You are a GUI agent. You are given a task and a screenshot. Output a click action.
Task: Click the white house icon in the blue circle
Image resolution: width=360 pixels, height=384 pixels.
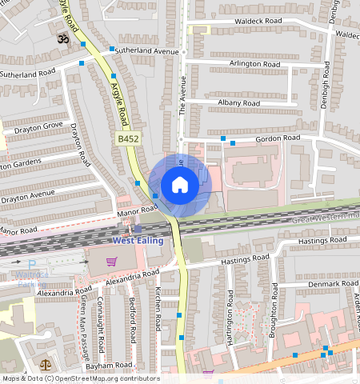180,186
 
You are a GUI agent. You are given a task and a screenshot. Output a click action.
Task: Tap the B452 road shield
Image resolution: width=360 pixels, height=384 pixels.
129,139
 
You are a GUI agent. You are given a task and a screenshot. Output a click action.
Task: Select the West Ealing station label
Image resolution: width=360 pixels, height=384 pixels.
138,240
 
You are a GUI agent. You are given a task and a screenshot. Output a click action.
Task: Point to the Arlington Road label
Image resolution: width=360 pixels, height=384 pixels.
254,63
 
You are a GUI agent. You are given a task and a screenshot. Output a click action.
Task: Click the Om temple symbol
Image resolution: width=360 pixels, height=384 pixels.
60,38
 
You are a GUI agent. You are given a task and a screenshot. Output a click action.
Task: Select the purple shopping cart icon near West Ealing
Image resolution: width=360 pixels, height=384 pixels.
111,260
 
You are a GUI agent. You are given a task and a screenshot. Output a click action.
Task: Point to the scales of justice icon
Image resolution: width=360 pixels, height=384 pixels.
45,364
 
